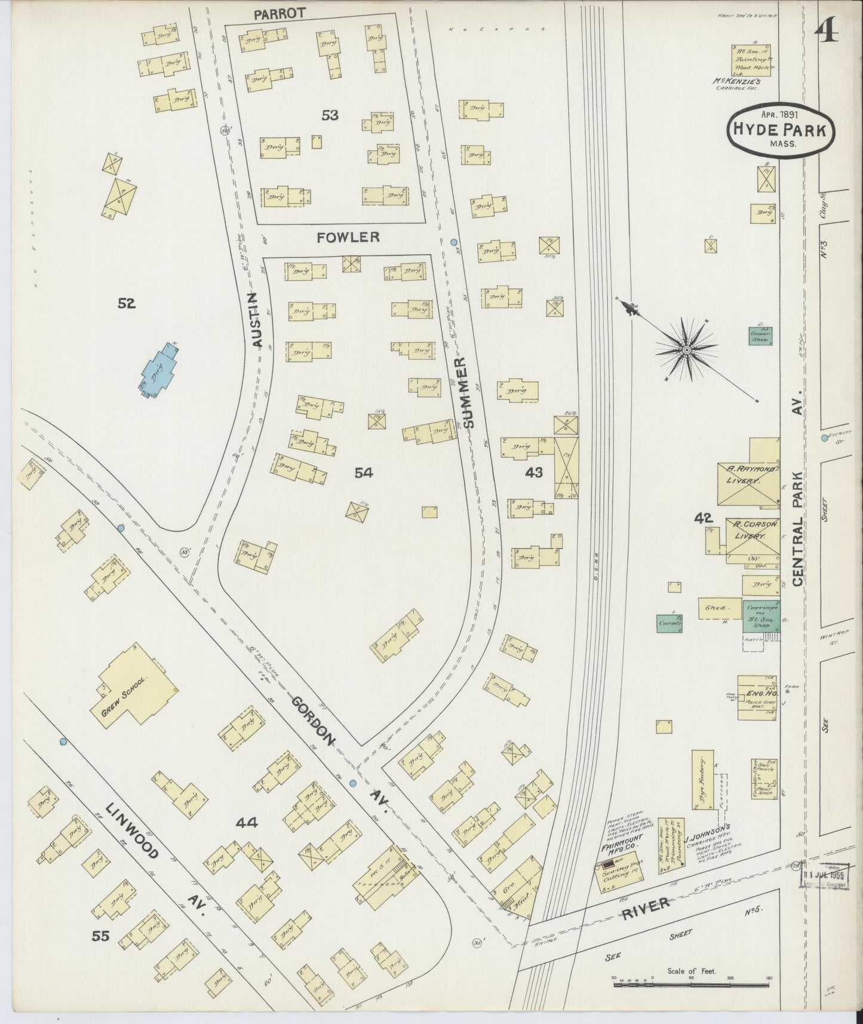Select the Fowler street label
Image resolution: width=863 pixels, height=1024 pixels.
pos(348,237)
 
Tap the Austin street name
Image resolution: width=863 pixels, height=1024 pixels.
pos(257,320)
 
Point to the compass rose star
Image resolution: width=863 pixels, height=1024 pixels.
pos(687,349)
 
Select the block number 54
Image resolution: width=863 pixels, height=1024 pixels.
pos(363,473)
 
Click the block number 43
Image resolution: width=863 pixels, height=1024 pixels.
pos(533,473)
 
